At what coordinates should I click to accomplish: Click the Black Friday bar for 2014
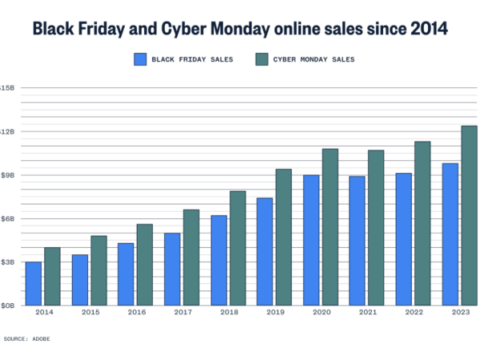33,283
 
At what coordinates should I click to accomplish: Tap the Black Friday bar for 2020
311,240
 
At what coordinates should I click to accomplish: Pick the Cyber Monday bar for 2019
283,237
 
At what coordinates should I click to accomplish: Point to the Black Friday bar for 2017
172,269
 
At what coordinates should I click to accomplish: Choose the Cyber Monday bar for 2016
144,264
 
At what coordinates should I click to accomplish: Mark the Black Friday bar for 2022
404,239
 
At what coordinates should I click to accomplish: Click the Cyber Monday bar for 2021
376,227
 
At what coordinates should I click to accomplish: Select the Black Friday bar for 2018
218,260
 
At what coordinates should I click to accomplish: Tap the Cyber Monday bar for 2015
98,270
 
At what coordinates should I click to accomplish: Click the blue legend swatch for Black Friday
140,58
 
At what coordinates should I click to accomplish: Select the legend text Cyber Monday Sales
313,59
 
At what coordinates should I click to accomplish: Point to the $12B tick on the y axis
6,131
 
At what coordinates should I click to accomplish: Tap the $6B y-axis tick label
6,218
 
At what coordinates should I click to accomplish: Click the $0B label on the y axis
6,306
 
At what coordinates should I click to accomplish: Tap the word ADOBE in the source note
41,339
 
